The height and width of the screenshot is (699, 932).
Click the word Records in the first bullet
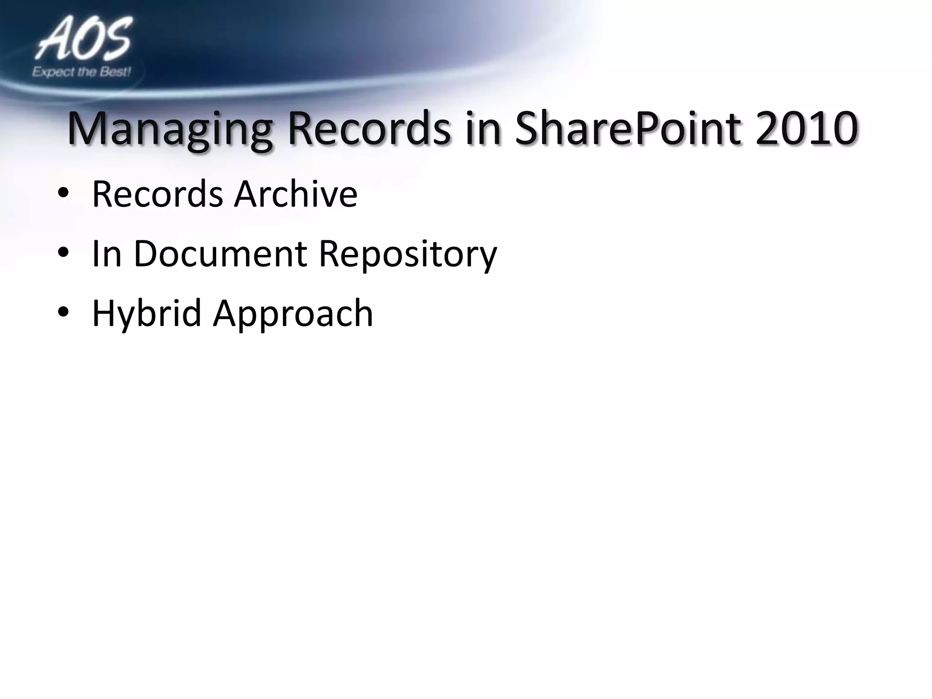157,194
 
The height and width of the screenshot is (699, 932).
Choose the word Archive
296,194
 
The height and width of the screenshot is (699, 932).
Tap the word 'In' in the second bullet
106,253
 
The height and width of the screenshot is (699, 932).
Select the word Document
220,253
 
